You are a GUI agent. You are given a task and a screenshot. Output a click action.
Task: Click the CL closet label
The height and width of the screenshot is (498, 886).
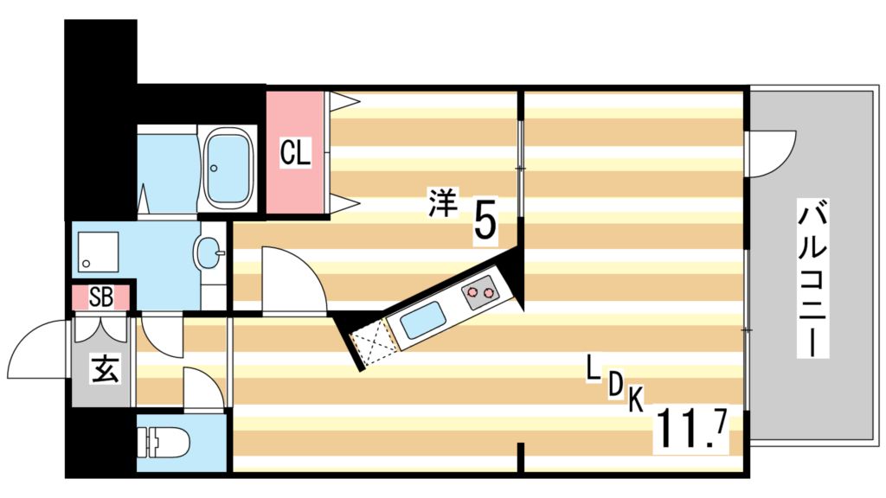[x=295, y=153]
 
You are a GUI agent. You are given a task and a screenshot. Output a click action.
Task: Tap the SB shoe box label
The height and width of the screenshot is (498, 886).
[x=101, y=297]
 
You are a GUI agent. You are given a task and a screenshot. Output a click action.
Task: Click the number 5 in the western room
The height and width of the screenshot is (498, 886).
[x=485, y=220]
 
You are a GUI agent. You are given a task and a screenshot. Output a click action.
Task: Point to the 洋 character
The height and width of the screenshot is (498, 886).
[x=442, y=203]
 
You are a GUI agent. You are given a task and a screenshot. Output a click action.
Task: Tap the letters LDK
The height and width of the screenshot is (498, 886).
[x=614, y=385]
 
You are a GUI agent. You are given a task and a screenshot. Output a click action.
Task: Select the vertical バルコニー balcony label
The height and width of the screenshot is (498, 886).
[x=813, y=279]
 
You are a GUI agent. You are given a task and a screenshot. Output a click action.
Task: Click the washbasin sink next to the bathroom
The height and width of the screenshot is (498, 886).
[x=210, y=254]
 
